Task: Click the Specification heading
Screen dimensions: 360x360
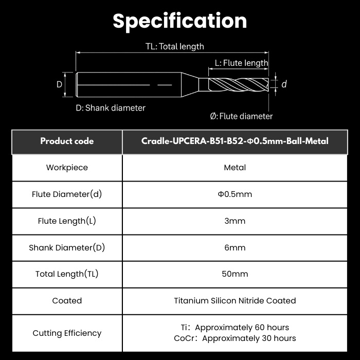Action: tap(180, 21)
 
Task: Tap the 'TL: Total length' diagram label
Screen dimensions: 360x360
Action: tap(175, 46)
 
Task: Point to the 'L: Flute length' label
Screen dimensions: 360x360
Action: tap(241, 63)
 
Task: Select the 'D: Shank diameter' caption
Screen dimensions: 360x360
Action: tap(111, 108)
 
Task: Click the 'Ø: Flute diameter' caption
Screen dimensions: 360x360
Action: tap(241, 116)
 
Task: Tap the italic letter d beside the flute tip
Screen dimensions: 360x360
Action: tap(284, 84)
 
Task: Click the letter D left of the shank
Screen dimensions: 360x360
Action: tap(59, 84)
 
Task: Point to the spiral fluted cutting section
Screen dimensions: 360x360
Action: tap(238, 85)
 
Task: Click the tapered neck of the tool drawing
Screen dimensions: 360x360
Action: tap(190, 85)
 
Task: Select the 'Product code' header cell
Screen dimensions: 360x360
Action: tap(67, 141)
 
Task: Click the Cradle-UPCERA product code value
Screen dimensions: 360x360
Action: tap(235, 141)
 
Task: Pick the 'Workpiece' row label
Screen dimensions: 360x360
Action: tap(67, 168)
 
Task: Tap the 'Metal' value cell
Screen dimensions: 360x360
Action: tap(235, 168)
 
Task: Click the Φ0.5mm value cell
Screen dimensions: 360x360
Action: tap(235, 194)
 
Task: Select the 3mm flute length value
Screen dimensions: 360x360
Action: tap(235, 221)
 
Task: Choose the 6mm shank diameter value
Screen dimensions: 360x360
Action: tap(235, 247)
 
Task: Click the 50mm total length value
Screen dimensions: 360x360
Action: tap(235, 274)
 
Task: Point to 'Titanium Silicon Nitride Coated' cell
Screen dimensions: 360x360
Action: tap(235, 301)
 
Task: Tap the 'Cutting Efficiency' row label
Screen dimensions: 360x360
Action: tap(67, 333)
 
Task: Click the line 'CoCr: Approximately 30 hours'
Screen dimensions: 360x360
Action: tap(235, 338)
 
